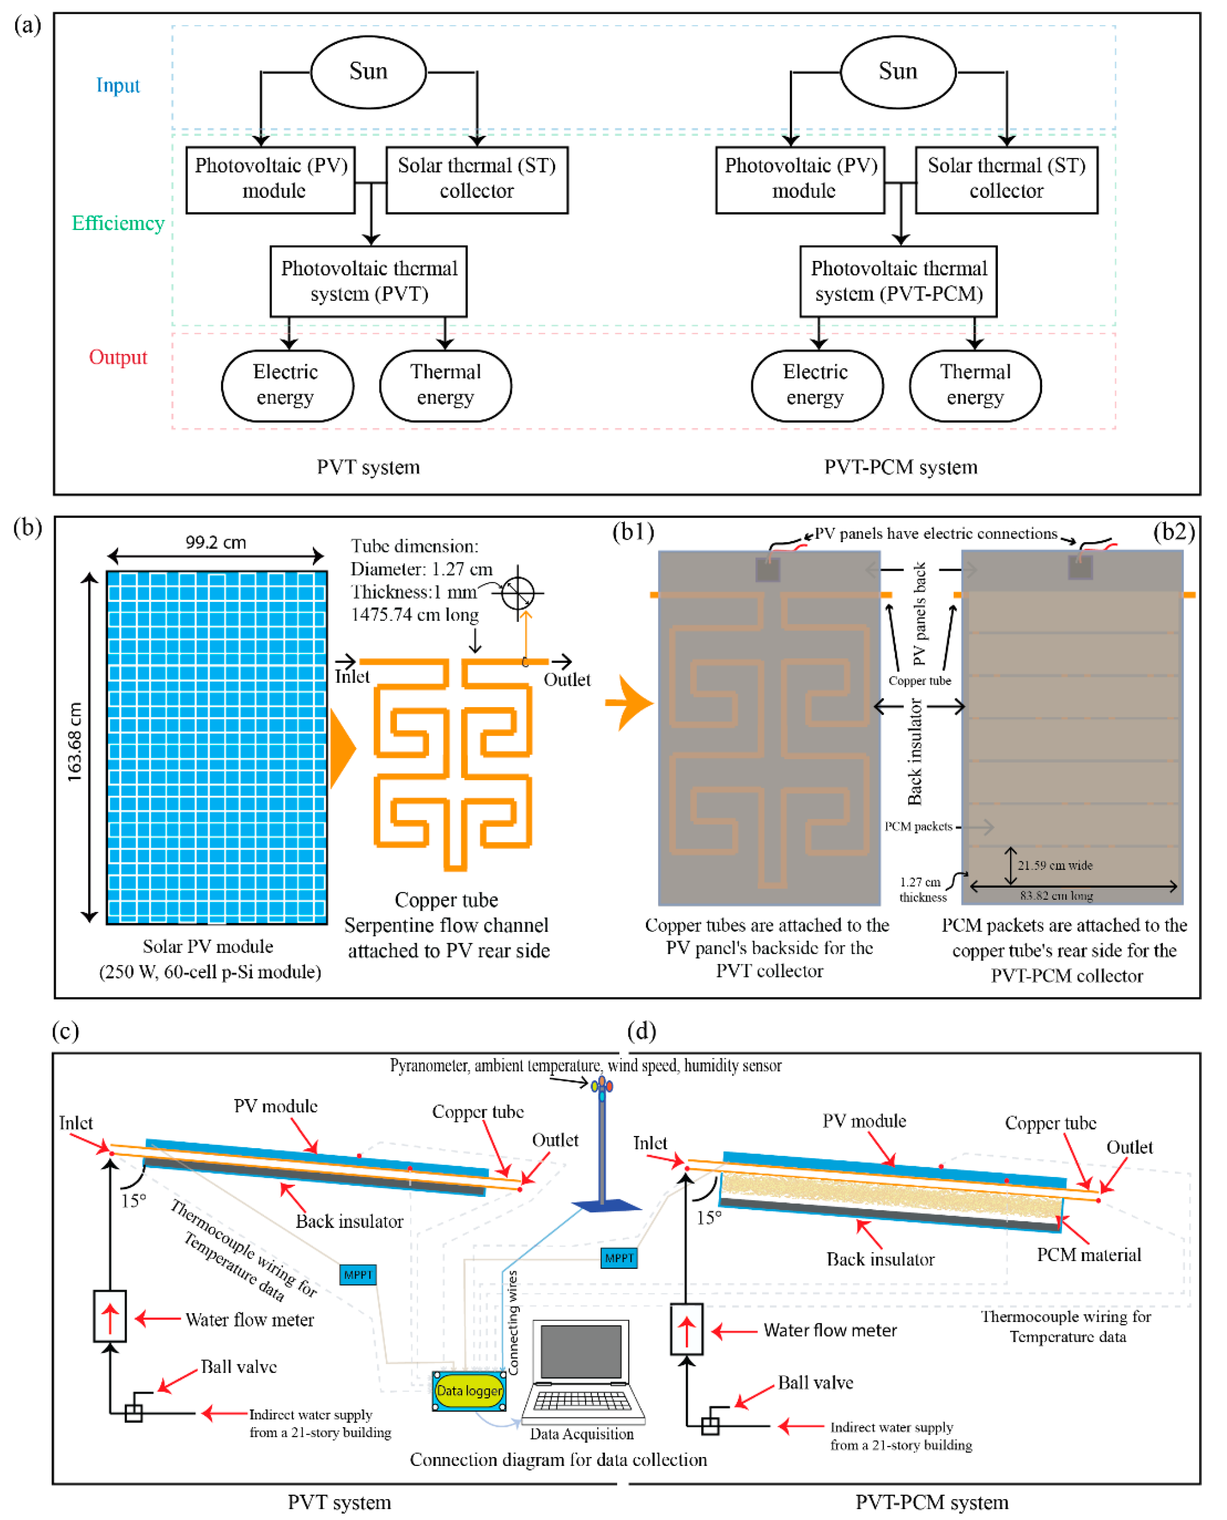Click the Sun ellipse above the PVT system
point(368,72)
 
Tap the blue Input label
point(118,85)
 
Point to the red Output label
point(118,357)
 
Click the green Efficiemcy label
point(118,224)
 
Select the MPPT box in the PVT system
point(358,1275)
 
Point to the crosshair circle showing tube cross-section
point(518,593)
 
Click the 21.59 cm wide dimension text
point(1055,865)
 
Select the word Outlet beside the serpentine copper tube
point(567,680)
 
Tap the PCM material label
point(1088,1255)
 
